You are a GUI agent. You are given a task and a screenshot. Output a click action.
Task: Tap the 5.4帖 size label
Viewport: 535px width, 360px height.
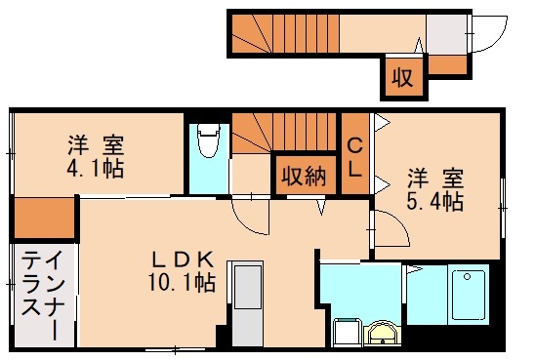click(x=435, y=202)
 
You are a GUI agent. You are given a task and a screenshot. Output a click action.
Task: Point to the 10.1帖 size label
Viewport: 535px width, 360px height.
click(x=182, y=284)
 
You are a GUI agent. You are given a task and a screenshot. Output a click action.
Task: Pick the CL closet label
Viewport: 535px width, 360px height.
click(x=355, y=157)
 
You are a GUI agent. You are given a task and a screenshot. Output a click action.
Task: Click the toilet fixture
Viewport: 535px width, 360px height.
click(x=206, y=142)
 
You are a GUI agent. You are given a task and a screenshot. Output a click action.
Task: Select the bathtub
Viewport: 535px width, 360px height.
click(x=468, y=295)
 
